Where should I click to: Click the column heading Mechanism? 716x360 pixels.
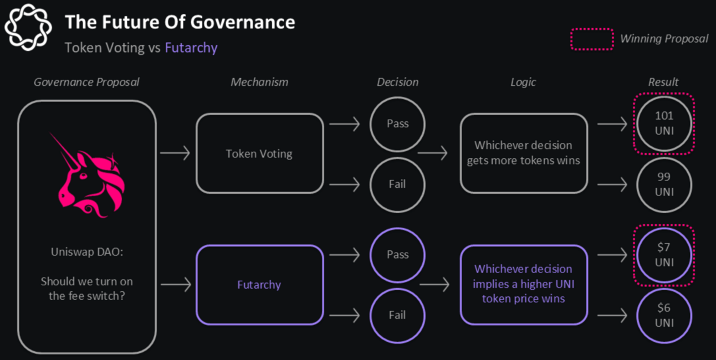(259, 82)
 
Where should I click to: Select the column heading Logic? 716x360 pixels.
(523, 83)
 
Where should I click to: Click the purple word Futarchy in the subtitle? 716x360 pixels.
(191, 48)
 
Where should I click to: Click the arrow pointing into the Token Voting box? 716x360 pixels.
(175, 153)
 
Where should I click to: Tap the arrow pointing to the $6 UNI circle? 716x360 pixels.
(612, 316)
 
